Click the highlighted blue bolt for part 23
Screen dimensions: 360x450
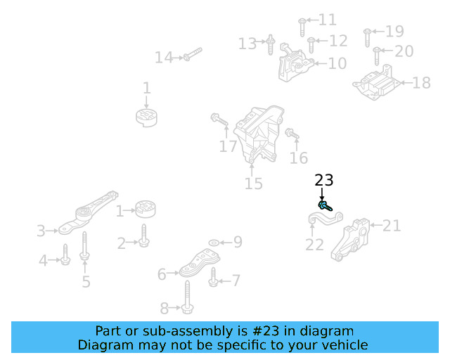click(323, 206)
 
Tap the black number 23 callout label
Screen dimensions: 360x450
click(324, 181)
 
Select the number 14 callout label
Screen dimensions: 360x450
click(163, 58)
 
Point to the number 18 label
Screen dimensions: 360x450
click(421, 84)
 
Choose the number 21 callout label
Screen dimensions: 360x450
click(392, 226)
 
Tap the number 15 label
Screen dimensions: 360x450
click(254, 184)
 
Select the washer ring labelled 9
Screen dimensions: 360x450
click(212, 243)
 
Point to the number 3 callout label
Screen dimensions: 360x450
click(41, 230)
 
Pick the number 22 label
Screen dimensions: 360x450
click(314, 245)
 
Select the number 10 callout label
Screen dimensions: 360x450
click(337, 63)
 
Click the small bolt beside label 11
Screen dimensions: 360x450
click(300, 24)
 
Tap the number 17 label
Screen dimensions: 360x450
click(228, 147)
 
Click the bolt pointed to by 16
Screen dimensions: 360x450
click(292, 134)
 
